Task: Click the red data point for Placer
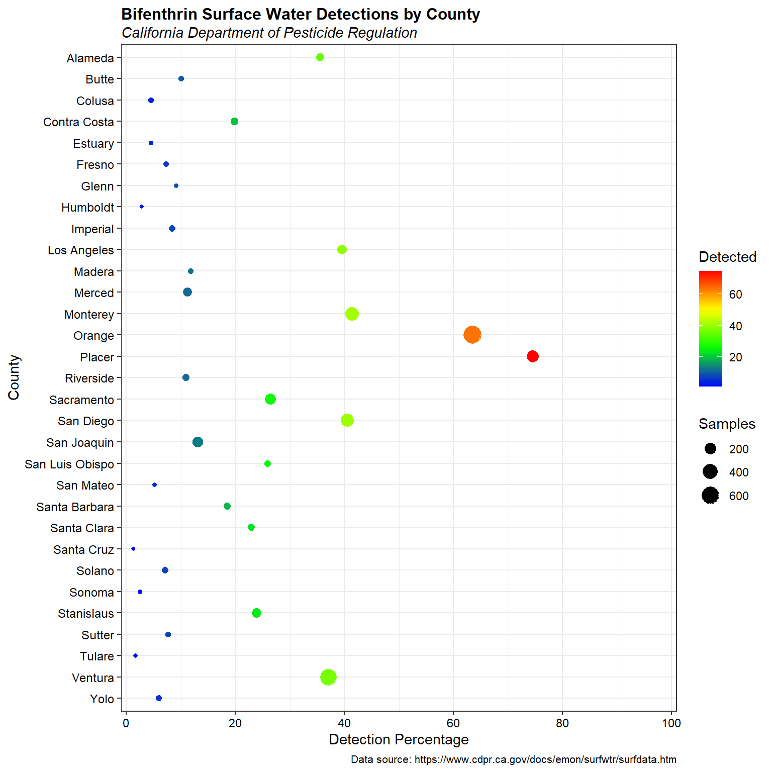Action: pos(532,356)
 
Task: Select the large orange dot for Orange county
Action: pos(472,335)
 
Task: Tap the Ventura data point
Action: pos(328,677)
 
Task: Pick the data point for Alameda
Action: pos(320,57)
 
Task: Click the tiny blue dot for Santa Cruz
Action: pos(133,549)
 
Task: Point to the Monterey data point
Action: pos(352,314)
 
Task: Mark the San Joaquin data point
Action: pos(198,442)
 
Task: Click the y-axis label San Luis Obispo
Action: pos(69,464)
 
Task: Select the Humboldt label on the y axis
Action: pos(87,208)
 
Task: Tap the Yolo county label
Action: pos(102,699)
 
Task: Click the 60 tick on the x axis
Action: pos(453,723)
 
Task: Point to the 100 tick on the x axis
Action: pos(671,723)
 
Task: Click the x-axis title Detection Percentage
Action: pos(399,740)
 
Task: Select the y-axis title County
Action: pos(14,377)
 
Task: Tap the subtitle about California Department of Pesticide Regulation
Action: pos(269,33)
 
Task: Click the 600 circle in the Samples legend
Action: pos(710,496)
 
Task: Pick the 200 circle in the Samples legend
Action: pos(710,449)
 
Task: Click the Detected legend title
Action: pos(727,257)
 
